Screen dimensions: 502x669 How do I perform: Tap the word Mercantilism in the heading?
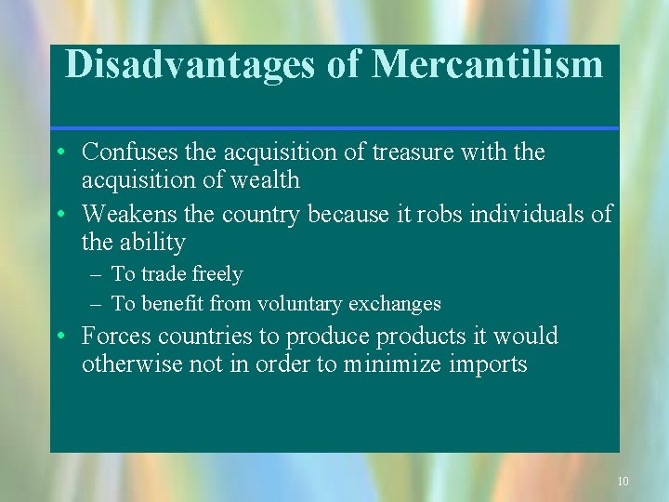[x=487, y=65]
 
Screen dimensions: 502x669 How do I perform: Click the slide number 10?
[x=623, y=481]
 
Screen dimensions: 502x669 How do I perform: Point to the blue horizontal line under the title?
[x=334, y=127]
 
